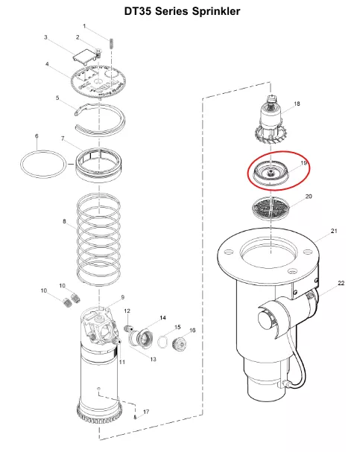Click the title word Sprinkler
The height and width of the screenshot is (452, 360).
pos(215,11)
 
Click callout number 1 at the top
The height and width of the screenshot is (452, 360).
pos(84,26)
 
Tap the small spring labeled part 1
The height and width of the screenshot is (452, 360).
pos(111,43)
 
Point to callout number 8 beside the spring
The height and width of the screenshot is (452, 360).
pos(64,221)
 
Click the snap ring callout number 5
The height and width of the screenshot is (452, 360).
pos(57,98)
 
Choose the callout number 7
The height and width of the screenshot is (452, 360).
pos(63,139)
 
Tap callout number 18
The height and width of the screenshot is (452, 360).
pos(297,104)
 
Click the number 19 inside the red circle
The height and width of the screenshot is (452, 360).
pos(304,163)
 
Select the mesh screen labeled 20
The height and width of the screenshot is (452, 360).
pos(271,208)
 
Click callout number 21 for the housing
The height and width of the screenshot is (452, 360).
pos(334,231)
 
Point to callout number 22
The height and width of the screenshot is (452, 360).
pos(341,283)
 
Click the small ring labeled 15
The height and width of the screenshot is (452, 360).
pos(163,342)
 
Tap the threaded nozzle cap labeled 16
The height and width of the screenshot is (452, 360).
pos(180,343)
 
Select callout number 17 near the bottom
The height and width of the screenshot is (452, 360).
pos(146,412)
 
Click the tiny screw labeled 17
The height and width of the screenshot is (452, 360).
pos(135,416)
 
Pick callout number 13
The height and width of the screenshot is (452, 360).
pos(154,359)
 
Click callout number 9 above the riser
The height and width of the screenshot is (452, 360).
pos(122,297)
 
